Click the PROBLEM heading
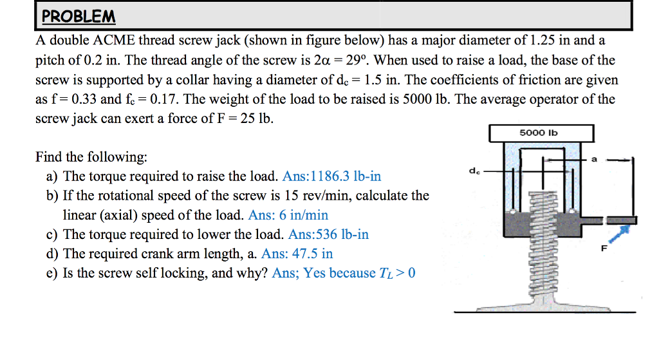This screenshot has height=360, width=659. tap(78, 16)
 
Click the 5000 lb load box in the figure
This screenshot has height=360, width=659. tap(541, 133)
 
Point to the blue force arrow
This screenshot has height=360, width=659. tap(620, 233)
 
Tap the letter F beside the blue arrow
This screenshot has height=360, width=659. tap(604, 249)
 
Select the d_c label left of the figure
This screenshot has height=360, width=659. tap(474, 171)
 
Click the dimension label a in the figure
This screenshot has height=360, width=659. tap(594, 159)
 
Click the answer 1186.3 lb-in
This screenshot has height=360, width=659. tap(331, 176)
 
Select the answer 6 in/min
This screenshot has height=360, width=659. tap(288, 215)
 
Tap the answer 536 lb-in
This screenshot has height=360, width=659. tap(328, 234)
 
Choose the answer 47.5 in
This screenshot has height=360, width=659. tap(297, 254)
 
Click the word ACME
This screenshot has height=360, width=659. tap(114, 40)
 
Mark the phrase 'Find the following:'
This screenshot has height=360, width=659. tap(91, 157)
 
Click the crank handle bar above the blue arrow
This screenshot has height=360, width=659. tap(621, 220)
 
